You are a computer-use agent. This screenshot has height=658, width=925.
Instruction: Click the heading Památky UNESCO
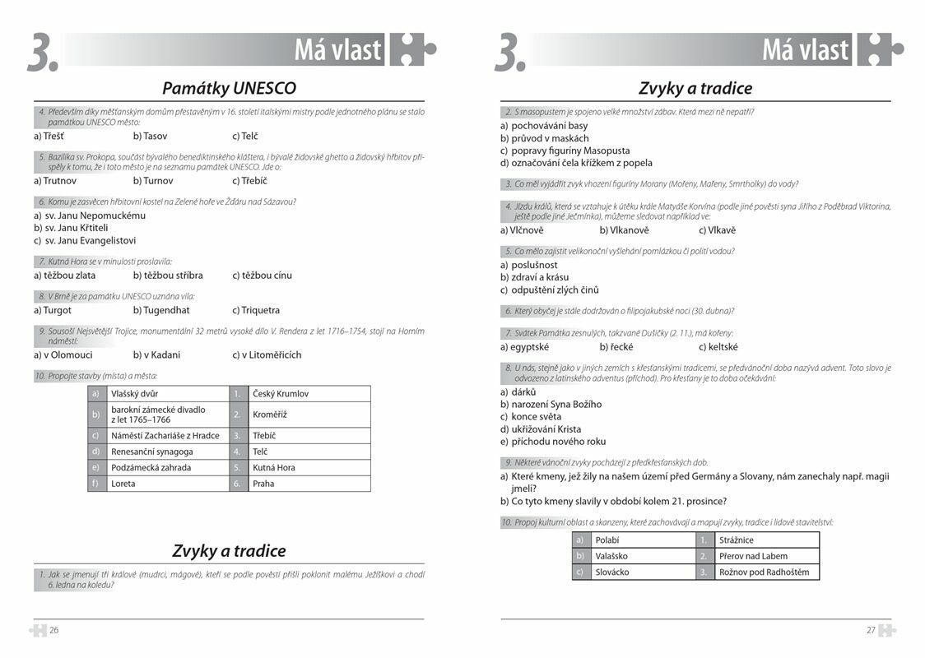pyautogui.click(x=229, y=88)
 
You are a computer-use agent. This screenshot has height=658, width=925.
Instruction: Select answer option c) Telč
pyautogui.click(x=244, y=136)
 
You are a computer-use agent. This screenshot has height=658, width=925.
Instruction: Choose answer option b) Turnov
pyautogui.click(x=153, y=181)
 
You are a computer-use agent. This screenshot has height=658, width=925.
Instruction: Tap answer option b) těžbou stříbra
pyautogui.click(x=168, y=276)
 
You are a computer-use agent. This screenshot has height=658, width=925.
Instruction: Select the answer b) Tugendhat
pyautogui.click(x=161, y=310)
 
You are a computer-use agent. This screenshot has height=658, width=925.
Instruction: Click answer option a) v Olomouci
pyautogui.click(x=63, y=355)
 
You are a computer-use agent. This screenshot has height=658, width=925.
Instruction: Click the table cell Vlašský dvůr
pyautogui.click(x=135, y=394)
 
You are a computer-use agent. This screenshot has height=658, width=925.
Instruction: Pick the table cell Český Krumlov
pyautogui.click(x=281, y=394)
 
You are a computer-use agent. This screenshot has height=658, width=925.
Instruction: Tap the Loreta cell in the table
pyautogui.click(x=123, y=484)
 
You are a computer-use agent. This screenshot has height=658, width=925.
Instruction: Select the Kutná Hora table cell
pyautogui.click(x=274, y=468)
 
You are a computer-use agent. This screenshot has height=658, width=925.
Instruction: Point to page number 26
pyautogui.click(x=53, y=631)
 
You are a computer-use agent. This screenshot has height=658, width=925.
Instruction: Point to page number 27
pyautogui.click(x=871, y=631)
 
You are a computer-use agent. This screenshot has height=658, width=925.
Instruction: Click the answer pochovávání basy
pyautogui.click(x=549, y=126)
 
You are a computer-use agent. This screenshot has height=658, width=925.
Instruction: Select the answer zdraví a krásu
pyautogui.click(x=540, y=277)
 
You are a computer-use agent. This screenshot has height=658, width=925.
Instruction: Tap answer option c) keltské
pyautogui.click(x=718, y=347)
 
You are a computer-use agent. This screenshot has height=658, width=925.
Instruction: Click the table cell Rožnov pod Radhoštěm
pyautogui.click(x=764, y=572)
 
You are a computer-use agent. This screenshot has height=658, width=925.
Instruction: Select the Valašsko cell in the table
pyautogui.click(x=611, y=556)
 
